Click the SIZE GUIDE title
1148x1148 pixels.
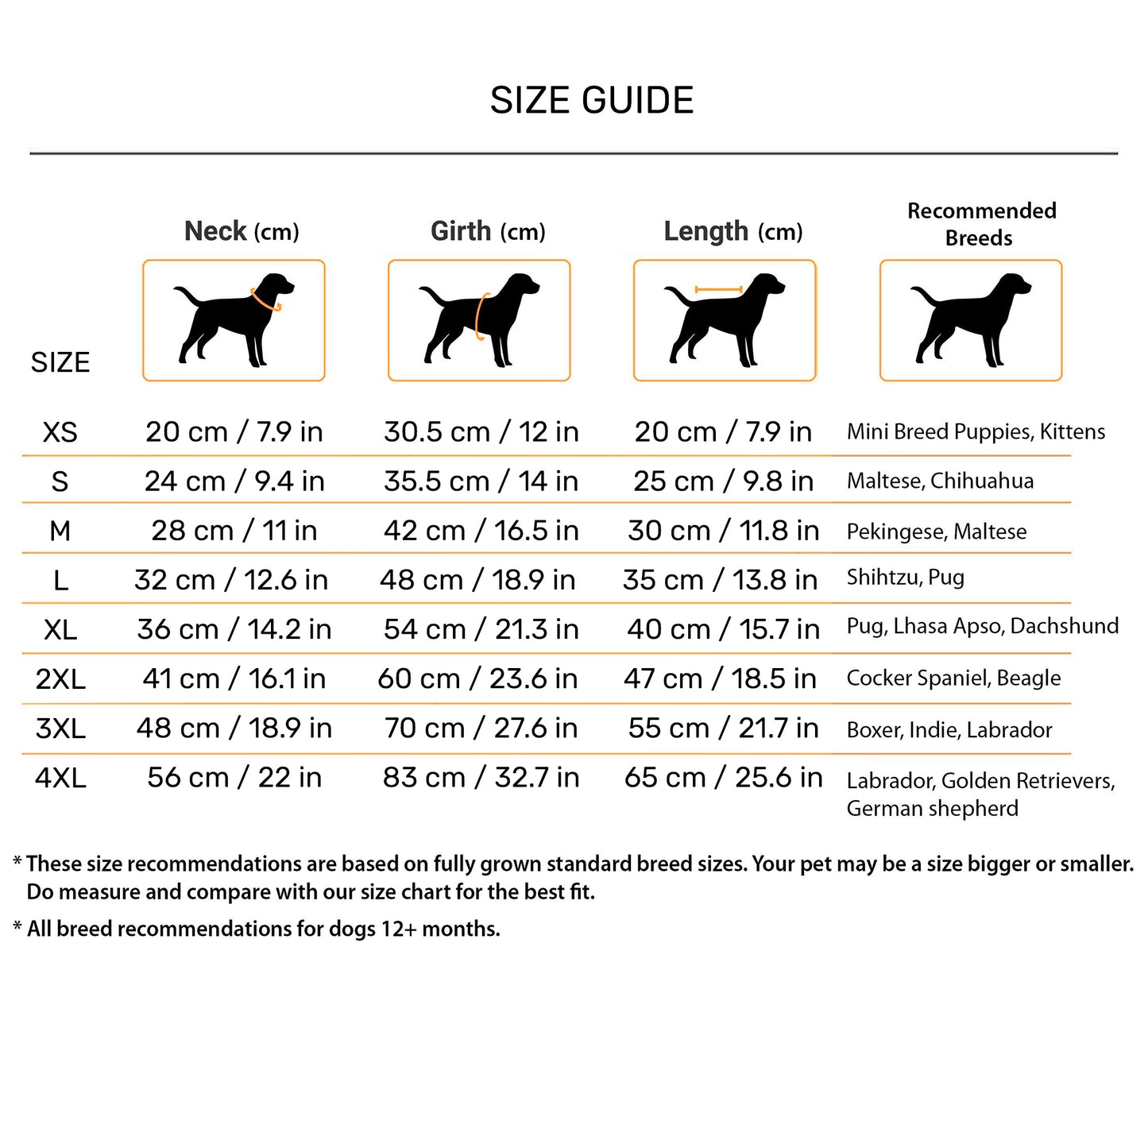click(x=592, y=101)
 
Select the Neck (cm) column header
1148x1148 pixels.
click(x=242, y=231)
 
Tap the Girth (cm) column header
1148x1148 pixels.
click(x=488, y=231)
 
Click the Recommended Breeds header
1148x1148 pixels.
click(x=981, y=224)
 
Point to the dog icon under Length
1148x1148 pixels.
click(x=725, y=320)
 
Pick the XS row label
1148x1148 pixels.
click(x=60, y=432)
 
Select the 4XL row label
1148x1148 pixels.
click(x=60, y=778)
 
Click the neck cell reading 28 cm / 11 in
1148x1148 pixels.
click(x=234, y=531)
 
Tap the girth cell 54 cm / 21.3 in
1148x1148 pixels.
click(x=481, y=629)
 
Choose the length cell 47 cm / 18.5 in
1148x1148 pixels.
click(x=720, y=678)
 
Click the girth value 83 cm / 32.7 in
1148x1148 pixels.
click(x=481, y=778)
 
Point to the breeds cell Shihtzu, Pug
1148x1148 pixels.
click(x=905, y=578)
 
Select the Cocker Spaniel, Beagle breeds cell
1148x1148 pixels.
click(x=953, y=678)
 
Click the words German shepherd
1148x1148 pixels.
click(x=932, y=809)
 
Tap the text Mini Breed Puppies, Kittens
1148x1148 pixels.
click(x=976, y=432)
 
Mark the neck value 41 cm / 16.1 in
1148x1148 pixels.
click(x=234, y=678)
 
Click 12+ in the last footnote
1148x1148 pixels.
click(x=398, y=929)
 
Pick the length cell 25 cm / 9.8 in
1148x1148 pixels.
click(x=723, y=481)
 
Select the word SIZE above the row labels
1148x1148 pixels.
click(x=60, y=362)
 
